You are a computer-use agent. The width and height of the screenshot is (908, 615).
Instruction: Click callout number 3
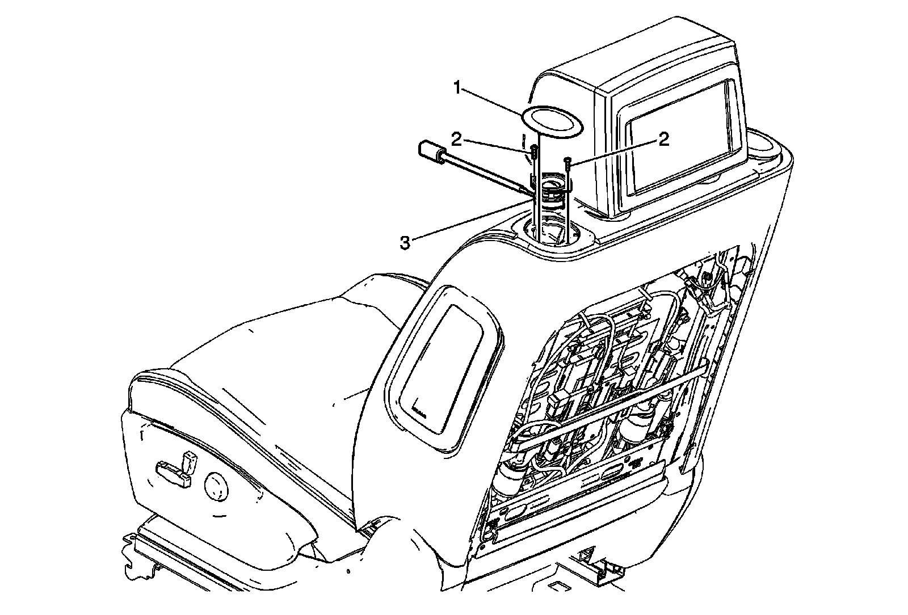(x=404, y=242)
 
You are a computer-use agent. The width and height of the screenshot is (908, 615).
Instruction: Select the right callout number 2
(x=664, y=139)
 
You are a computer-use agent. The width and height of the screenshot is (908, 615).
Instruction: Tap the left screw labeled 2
(x=534, y=151)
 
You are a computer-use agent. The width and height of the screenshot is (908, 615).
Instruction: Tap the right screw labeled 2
(x=567, y=165)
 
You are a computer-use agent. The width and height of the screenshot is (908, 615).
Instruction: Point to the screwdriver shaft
(x=482, y=175)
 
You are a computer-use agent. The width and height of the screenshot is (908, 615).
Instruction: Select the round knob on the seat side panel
(x=217, y=486)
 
